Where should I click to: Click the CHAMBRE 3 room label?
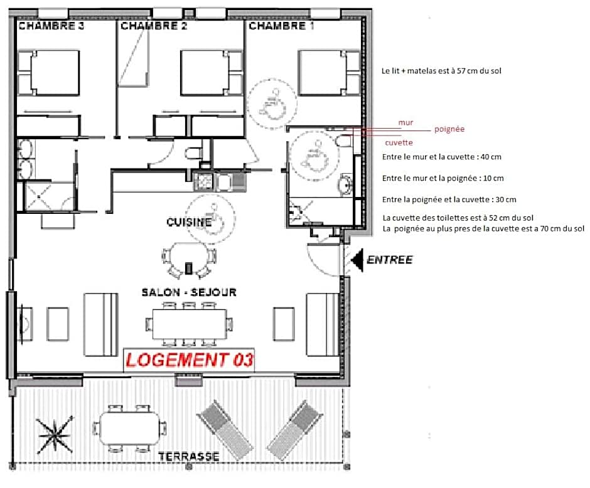51,26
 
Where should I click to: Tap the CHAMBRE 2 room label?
154,26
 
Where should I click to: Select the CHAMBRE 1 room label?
281,26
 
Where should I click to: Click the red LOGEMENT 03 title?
190,360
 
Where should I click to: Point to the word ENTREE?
389,260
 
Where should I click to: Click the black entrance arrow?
357,260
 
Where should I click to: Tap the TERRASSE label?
189,457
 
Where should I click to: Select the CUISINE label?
189,222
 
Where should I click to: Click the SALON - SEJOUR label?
189,292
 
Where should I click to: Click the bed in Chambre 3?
49,73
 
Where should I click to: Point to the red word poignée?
449,129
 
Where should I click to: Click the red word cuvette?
399,142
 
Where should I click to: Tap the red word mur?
405,122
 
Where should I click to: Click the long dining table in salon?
190,324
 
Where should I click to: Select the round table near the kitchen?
189,258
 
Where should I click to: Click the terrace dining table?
130,428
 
